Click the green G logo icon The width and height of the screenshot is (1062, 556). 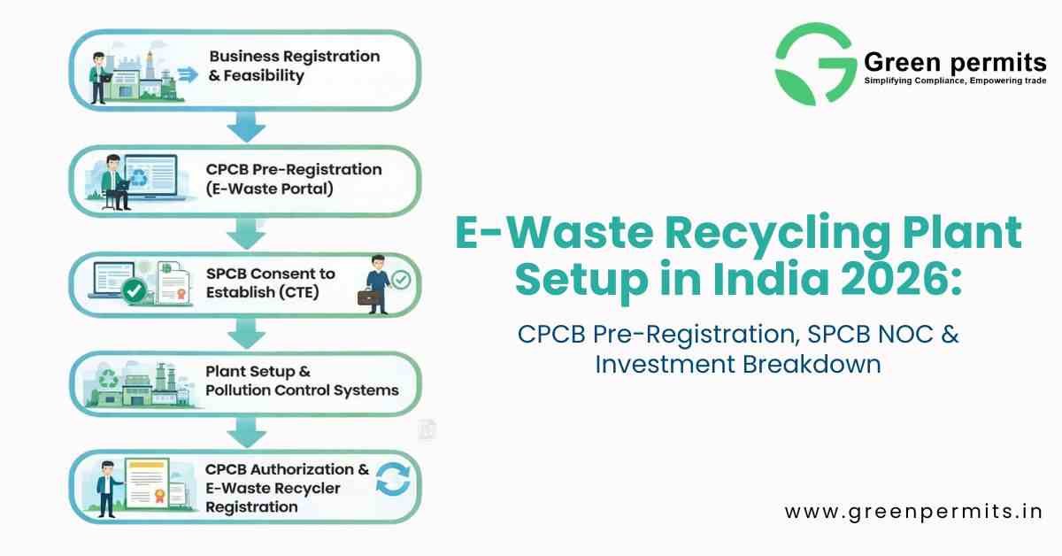(813, 65)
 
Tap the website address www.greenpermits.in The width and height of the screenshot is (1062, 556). (913, 511)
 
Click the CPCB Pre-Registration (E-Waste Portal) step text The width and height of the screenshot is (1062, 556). (294, 178)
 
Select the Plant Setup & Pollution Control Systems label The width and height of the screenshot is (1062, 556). (302, 381)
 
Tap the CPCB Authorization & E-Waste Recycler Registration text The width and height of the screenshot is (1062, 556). (287, 488)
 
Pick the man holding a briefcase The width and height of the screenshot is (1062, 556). (375, 282)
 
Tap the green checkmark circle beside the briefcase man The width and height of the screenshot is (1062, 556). (401, 280)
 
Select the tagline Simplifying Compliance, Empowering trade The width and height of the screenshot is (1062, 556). (954, 81)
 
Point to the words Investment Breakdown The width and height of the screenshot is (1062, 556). (737, 364)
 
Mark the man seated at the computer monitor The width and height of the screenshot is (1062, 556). (115, 181)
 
